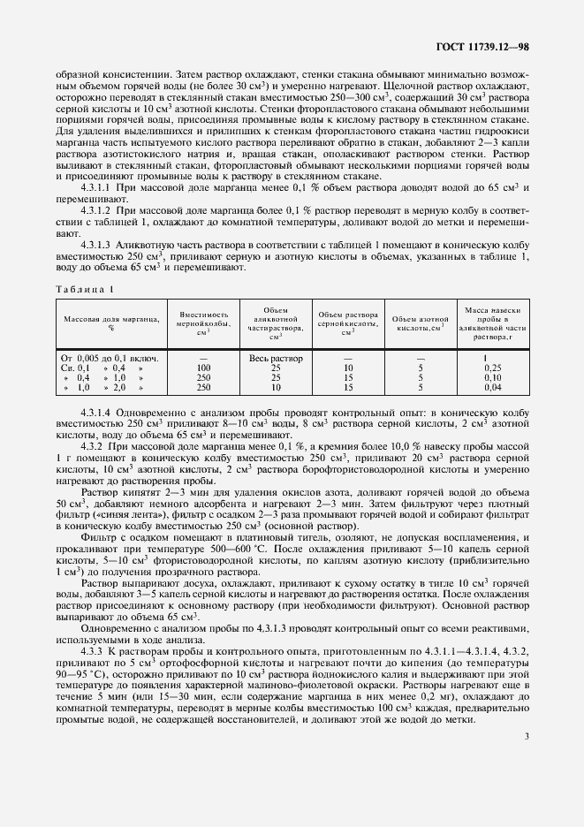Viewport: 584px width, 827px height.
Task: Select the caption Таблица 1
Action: (x=87, y=290)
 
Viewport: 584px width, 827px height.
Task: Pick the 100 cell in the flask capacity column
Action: (x=204, y=368)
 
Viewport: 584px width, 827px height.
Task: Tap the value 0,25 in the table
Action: (x=493, y=368)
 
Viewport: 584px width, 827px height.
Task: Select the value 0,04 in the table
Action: (x=493, y=387)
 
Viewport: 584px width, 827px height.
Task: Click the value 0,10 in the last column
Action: (x=493, y=377)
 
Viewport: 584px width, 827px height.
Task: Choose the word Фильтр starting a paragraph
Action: (x=99, y=536)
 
